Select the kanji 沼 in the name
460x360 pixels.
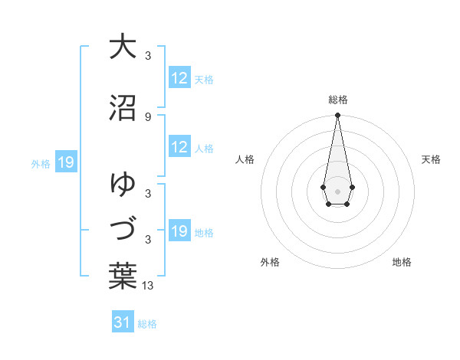(x=123, y=108)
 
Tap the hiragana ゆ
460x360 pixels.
(x=123, y=185)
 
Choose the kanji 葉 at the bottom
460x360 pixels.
(x=123, y=277)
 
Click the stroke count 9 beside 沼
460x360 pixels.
(x=147, y=116)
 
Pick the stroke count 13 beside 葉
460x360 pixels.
(x=149, y=286)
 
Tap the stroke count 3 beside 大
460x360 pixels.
(x=147, y=55)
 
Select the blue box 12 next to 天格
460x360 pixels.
(x=179, y=78)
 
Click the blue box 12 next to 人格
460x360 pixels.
(x=179, y=147)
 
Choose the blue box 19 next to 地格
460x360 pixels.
(x=179, y=231)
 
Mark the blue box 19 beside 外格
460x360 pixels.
(x=65, y=162)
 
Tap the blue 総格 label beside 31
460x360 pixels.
(x=147, y=324)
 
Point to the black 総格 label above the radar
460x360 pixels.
(x=337, y=100)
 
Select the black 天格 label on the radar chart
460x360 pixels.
(x=432, y=159)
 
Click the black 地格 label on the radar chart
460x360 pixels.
(x=402, y=262)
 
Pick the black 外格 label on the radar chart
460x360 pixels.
(x=270, y=262)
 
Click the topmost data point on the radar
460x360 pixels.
(x=337, y=115)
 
